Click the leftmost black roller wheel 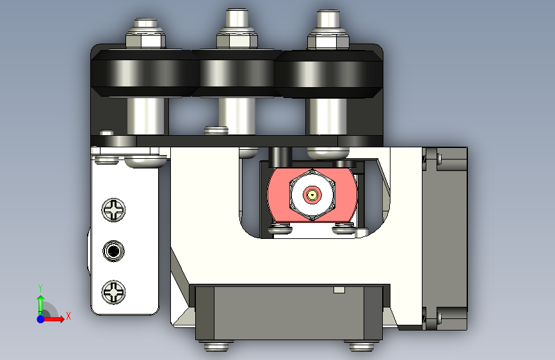pyautogui.click(x=145, y=73)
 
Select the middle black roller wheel pyautogui.click(x=237, y=73)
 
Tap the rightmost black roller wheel pyautogui.click(x=328, y=74)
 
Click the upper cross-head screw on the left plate pyautogui.click(x=113, y=209)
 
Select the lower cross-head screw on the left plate pyautogui.click(x=113, y=292)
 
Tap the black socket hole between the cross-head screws pyautogui.click(x=113, y=251)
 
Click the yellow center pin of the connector pyautogui.click(x=312, y=195)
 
